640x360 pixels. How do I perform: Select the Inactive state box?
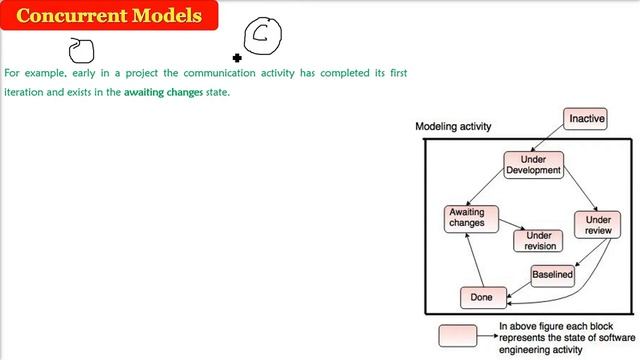pyautogui.click(x=586, y=119)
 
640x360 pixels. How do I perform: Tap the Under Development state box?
pyautogui.click(x=534, y=165)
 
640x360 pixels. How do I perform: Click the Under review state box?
pyautogui.click(x=598, y=225)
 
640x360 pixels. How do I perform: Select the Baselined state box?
pyautogui.click(x=552, y=274)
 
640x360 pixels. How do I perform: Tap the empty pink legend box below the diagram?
pyautogui.click(x=463, y=335)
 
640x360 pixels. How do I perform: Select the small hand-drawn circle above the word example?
pyautogui.click(x=81, y=49)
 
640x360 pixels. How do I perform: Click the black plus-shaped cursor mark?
pyautogui.click(x=237, y=58)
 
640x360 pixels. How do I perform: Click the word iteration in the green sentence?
pyautogui.click(x=24, y=92)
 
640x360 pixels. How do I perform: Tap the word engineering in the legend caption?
pyautogui.click(x=529, y=349)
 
